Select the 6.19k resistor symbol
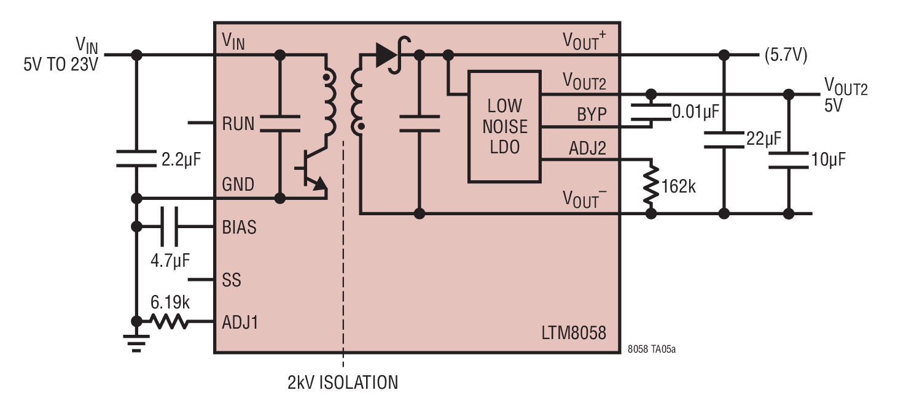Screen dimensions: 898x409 pyautogui.click(x=169, y=321)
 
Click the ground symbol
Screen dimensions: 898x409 pyautogui.click(x=137, y=343)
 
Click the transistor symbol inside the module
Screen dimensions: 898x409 pyautogui.click(x=313, y=169)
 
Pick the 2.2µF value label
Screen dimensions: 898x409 pyautogui.click(x=181, y=159)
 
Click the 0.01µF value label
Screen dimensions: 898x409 pyautogui.click(x=695, y=112)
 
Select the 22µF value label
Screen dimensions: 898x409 pyautogui.click(x=763, y=139)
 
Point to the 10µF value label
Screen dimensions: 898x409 pyautogui.click(x=828, y=159)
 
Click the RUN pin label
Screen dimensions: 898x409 pyautogui.click(x=238, y=124)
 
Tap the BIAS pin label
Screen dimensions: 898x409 pyautogui.click(x=239, y=227)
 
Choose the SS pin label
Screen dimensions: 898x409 pyautogui.click(x=232, y=280)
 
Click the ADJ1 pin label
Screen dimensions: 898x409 pyautogui.click(x=240, y=322)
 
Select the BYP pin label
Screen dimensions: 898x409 pyautogui.click(x=592, y=115)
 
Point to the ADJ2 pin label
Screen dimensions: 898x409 pyautogui.click(x=587, y=148)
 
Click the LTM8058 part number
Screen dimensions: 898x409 pyautogui.click(x=574, y=333)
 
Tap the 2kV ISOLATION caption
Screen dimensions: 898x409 pyautogui.click(x=343, y=383)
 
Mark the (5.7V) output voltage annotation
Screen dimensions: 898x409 pyautogui.click(x=786, y=55)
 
